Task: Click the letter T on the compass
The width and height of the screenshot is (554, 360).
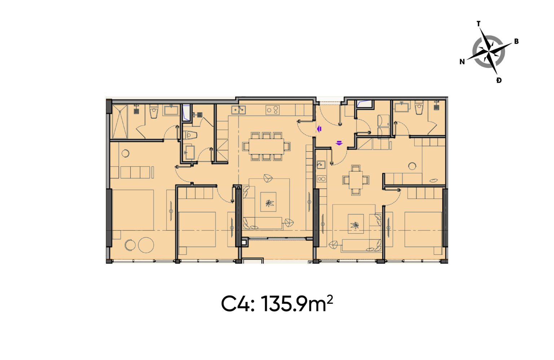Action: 479,24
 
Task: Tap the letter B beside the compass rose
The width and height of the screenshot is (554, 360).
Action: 516,41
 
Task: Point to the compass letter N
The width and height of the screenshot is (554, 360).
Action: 462,62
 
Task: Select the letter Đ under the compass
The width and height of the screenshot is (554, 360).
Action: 499,80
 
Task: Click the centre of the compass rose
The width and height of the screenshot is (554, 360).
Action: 488,51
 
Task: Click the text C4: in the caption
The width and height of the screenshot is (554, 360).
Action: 238,304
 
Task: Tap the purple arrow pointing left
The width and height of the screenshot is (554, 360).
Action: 319,129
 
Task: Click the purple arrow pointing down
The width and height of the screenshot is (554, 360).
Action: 339,143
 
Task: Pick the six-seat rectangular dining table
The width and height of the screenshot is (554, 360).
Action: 267,146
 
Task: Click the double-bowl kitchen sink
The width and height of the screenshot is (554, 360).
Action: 238,110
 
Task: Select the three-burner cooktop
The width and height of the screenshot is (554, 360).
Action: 273,110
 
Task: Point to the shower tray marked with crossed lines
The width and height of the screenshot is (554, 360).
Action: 120,121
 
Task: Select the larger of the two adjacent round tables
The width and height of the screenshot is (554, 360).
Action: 146,245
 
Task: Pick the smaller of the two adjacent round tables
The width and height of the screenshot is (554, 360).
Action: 130,245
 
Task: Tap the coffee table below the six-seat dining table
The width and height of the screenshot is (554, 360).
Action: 268,202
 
